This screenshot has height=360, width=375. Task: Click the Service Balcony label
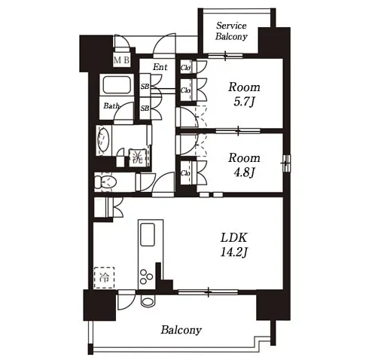click(231, 31)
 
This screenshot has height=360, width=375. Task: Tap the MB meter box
click(122, 60)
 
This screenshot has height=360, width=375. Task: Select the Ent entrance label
click(160, 67)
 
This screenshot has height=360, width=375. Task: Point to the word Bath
click(111, 105)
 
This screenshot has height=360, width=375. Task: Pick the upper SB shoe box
click(145, 86)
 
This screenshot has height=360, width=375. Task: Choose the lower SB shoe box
click(145, 108)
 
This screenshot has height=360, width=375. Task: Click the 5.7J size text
click(244, 102)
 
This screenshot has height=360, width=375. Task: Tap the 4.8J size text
click(244, 172)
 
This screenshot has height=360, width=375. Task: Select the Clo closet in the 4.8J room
click(186, 172)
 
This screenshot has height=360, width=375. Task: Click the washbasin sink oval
click(103, 139)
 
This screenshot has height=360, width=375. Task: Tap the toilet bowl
click(105, 182)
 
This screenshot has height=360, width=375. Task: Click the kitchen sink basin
click(148, 234)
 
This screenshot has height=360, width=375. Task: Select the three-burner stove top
click(146, 276)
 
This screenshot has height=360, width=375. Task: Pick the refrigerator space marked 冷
click(104, 277)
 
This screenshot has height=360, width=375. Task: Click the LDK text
click(234, 237)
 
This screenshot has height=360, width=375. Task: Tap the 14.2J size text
click(234, 252)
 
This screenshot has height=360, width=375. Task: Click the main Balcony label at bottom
click(181, 330)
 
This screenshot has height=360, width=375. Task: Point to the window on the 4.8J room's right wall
click(287, 163)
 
